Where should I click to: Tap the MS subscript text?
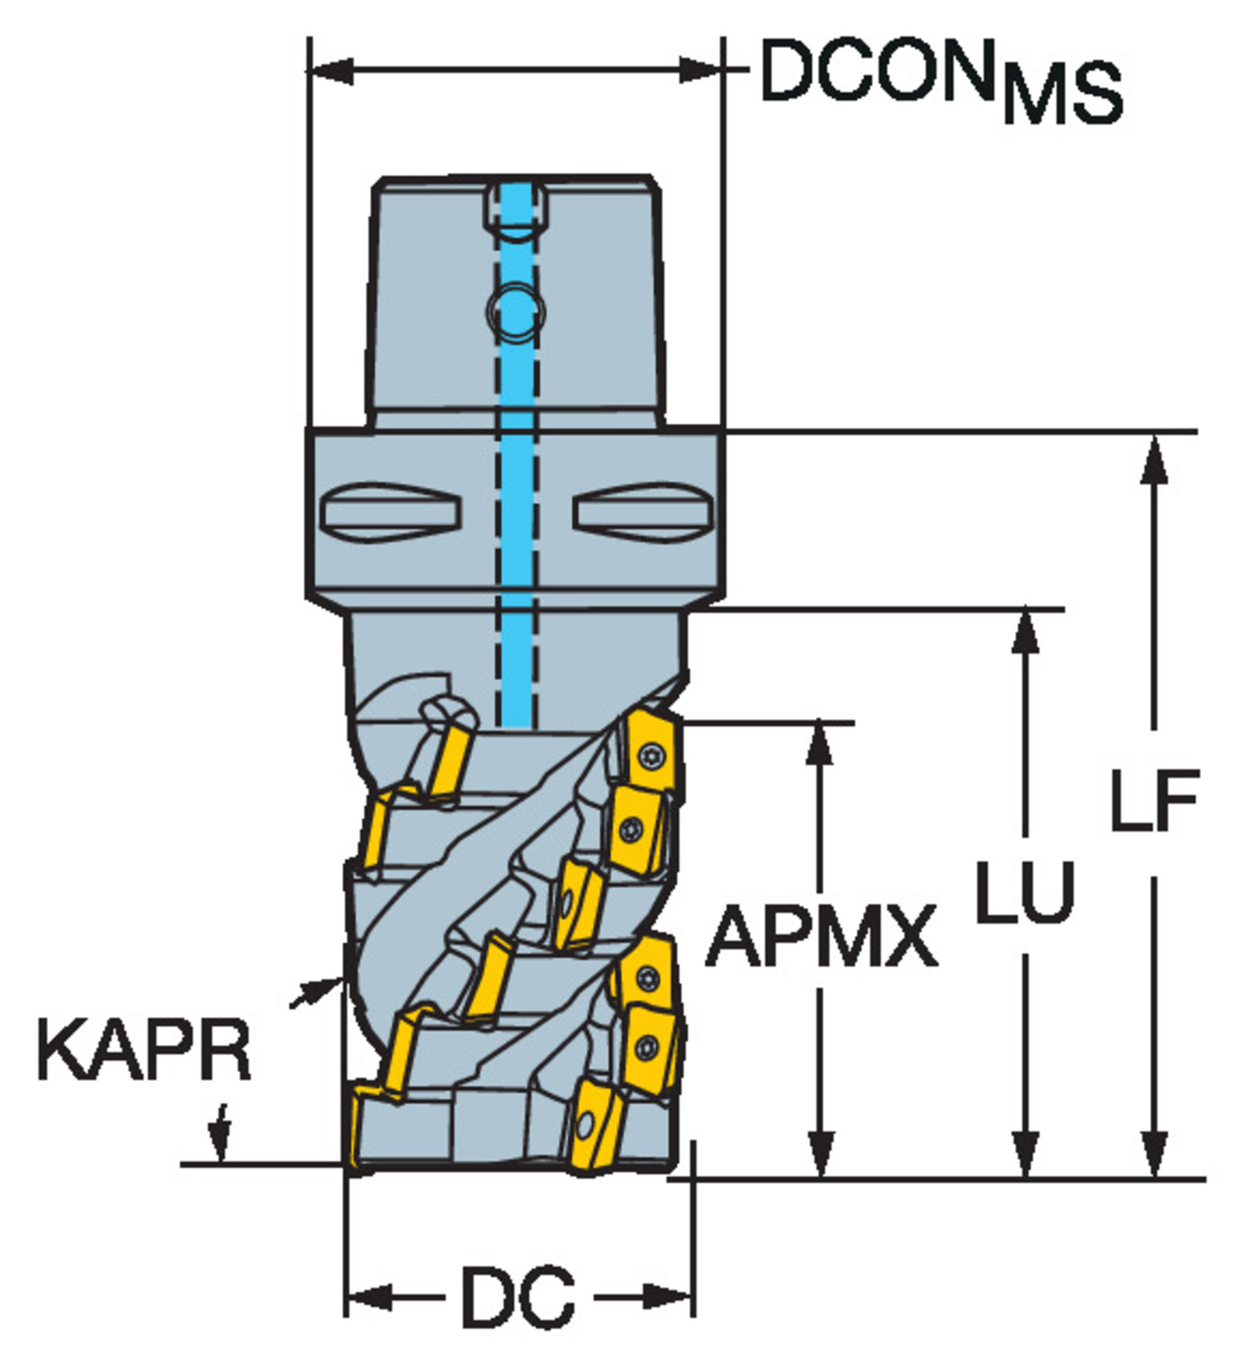coord(1062,94)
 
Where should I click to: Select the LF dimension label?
coord(1154,801)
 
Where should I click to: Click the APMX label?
coord(821,937)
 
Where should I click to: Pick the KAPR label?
coord(144,1050)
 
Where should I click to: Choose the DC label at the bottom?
coord(518,1297)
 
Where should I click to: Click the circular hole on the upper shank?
coord(516,311)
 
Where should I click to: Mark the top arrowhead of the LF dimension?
coord(1154,459)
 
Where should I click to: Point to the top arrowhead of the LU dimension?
coord(1025,634)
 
